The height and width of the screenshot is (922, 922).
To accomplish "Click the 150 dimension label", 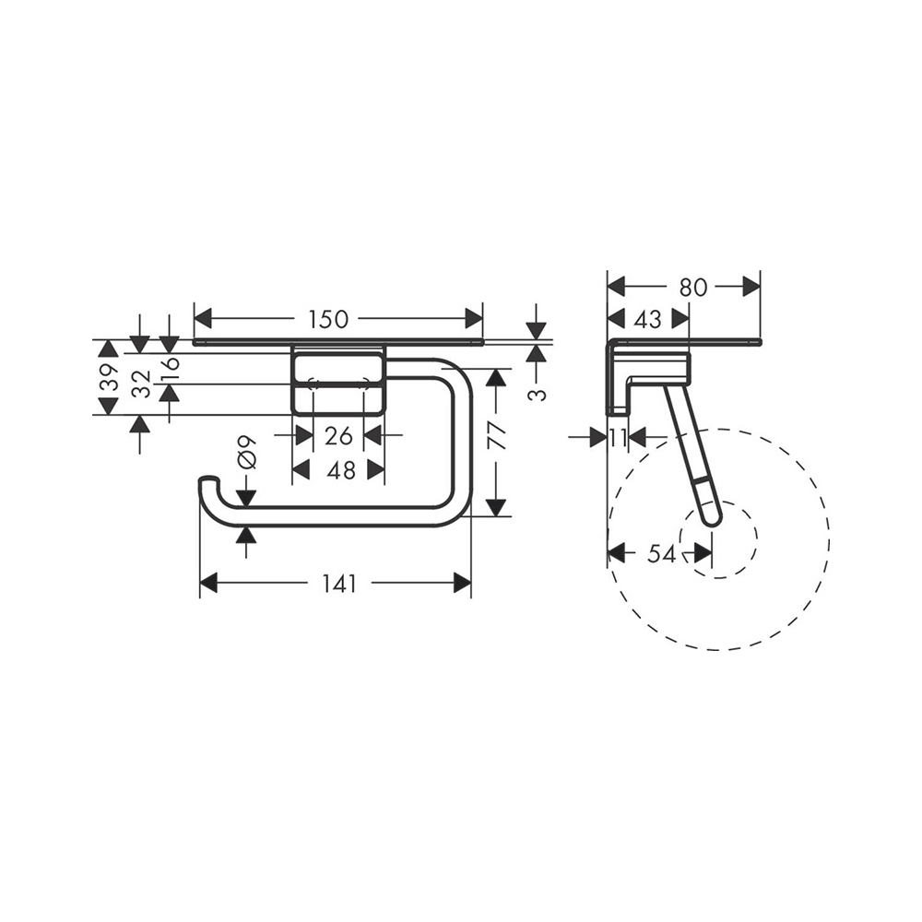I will pyautogui.click(x=328, y=320).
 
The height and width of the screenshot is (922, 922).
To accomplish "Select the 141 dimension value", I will pyautogui.click(x=339, y=584).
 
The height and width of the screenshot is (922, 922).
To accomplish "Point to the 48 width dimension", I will pyautogui.click(x=340, y=470).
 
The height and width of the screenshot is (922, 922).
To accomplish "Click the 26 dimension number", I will pyautogui.click(x=339, y=434).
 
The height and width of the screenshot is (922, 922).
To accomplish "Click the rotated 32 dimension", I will pyautogui.click(x=139, y=384).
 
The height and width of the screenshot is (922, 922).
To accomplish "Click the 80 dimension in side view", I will pyautogui.click(x=692, y=287).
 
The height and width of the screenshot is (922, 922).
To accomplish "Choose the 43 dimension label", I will pyautogui.click(x=648, y=319).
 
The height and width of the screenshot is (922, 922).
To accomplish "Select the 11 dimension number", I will pyautogui.click(x=618, y=438).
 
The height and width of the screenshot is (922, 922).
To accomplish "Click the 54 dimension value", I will pyautogui.click(x=661, y=553).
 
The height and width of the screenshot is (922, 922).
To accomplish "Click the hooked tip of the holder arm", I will pyautogui.click(x=208, y=481).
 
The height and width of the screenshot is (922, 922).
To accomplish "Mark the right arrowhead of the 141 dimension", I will pyautogui.click(x=461, y=584).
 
